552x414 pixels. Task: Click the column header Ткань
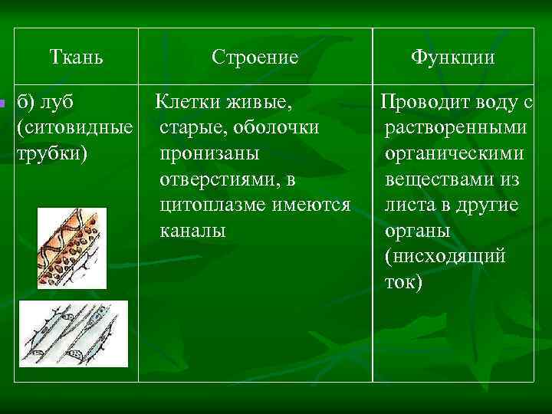76,57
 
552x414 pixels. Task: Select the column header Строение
255,57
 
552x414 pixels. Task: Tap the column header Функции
452,57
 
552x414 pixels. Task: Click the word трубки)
51,153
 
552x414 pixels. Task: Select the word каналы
192,230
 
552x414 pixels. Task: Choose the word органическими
455,153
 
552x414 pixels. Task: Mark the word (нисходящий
445,255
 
